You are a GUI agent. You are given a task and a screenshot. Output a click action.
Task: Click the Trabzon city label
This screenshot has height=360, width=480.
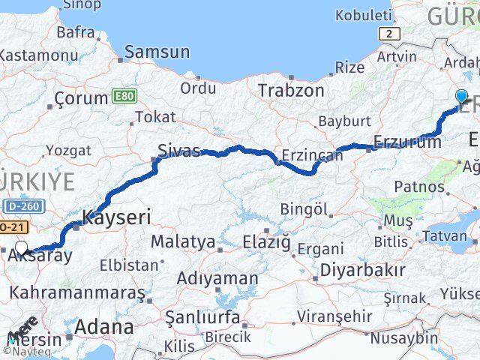coord(291,91)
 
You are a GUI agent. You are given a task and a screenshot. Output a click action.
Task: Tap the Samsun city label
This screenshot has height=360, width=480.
coord(157,52)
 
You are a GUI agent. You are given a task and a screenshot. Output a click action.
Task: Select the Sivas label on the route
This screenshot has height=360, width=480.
coord(179,151)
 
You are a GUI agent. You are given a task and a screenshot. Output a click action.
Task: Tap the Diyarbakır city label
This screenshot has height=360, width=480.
coord(362,270)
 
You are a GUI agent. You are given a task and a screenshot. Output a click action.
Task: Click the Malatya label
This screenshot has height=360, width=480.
coord(183,242)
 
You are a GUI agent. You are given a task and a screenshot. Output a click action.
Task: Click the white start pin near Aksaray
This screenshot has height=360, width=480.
coord(22,248)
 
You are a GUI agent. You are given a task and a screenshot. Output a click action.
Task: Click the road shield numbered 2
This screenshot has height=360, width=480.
coord(387,34)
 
